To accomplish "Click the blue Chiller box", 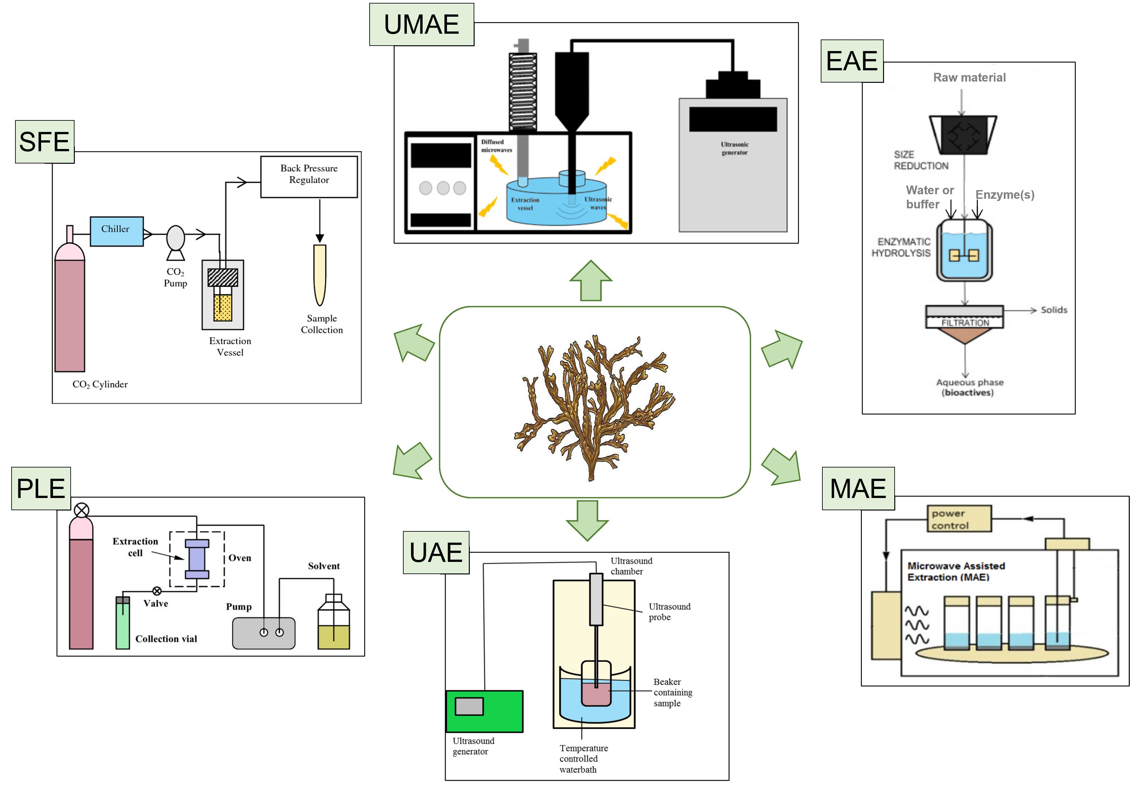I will (x=117, y=231).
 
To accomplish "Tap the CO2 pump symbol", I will (x=175, y=239).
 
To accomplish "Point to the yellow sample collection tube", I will (x=320, y=274).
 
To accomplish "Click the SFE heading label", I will (x=44, y=142).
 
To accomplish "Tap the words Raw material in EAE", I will (x=969, y=77).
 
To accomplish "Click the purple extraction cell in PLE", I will (x=197, y=559).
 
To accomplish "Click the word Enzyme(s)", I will (x=1004, y=195).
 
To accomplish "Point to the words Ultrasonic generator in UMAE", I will (x=734, y=148).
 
